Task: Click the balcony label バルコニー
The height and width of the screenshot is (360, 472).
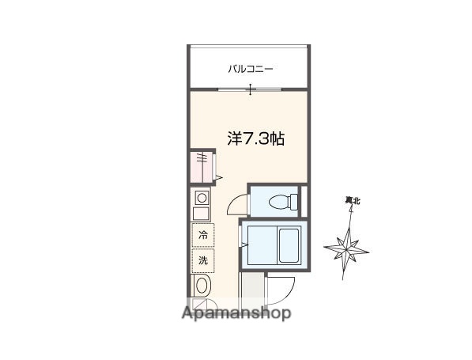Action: tap(250, 69)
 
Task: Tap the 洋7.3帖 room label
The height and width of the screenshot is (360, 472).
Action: tap(256, 138)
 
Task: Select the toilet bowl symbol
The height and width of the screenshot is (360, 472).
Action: tap(278, 203)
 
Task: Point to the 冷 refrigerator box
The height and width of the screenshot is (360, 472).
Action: tap(203, 235)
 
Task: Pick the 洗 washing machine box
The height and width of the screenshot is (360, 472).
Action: tap(203, 260)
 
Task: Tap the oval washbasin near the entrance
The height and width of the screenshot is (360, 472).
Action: tap(202, 286)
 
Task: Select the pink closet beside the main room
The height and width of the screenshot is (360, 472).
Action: tap(202, 168)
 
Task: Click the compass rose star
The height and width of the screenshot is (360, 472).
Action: tap(346, 248)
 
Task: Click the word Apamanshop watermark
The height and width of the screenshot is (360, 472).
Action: tap(236, 313)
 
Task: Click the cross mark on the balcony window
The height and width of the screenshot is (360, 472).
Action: tap(251, 89)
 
